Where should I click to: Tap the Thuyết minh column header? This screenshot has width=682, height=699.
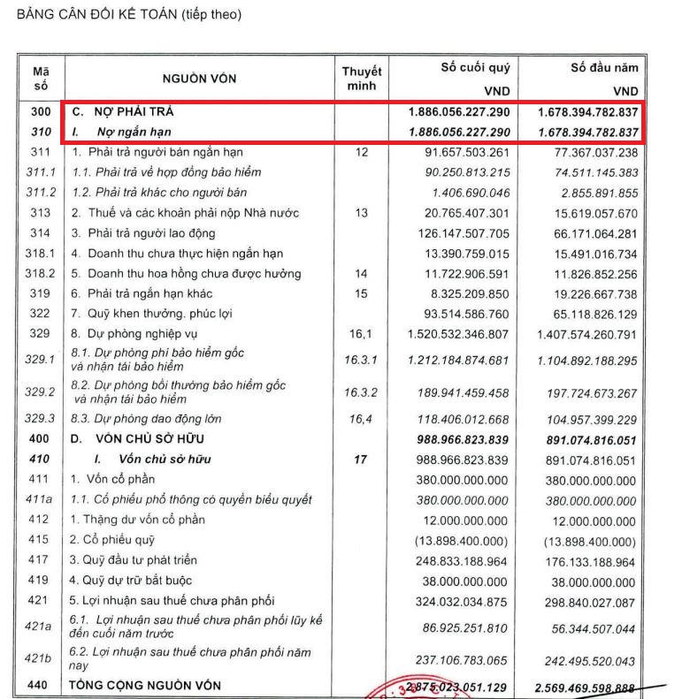361,79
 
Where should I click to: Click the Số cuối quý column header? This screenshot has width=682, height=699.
475,67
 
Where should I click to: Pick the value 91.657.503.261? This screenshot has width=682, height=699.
459,153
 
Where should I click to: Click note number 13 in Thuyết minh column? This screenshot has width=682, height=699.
360,213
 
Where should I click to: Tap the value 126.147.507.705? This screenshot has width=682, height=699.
459,233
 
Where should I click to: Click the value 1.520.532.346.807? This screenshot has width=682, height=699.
457,334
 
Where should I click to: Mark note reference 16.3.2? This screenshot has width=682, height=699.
360,392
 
